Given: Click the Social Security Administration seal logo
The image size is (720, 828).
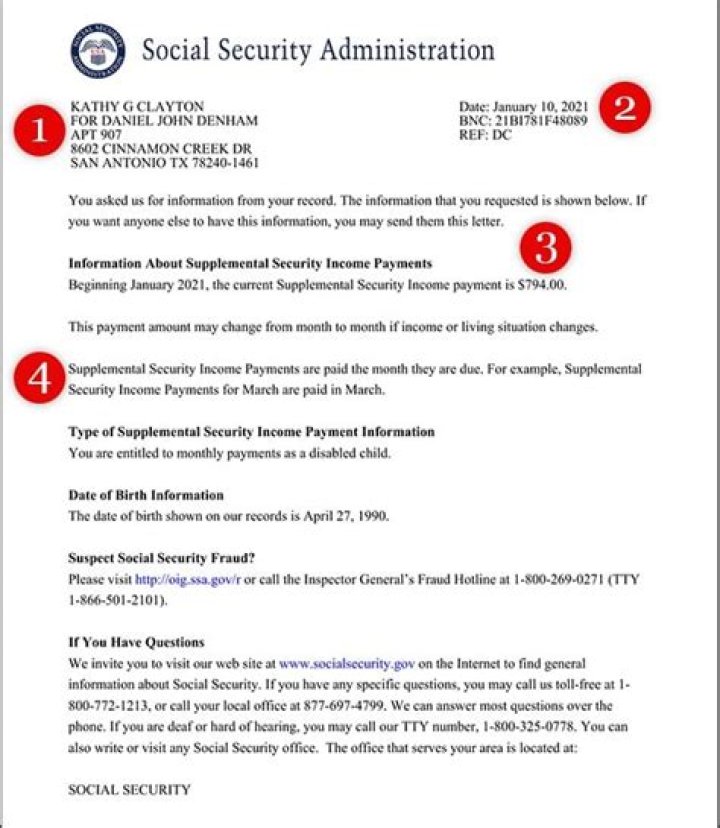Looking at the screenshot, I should pos(98,50).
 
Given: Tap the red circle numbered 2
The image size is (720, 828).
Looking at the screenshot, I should pos(625,108).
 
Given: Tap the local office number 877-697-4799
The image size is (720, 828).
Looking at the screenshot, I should pos(346,705).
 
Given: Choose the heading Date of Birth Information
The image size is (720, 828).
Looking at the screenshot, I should pos(146,495).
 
